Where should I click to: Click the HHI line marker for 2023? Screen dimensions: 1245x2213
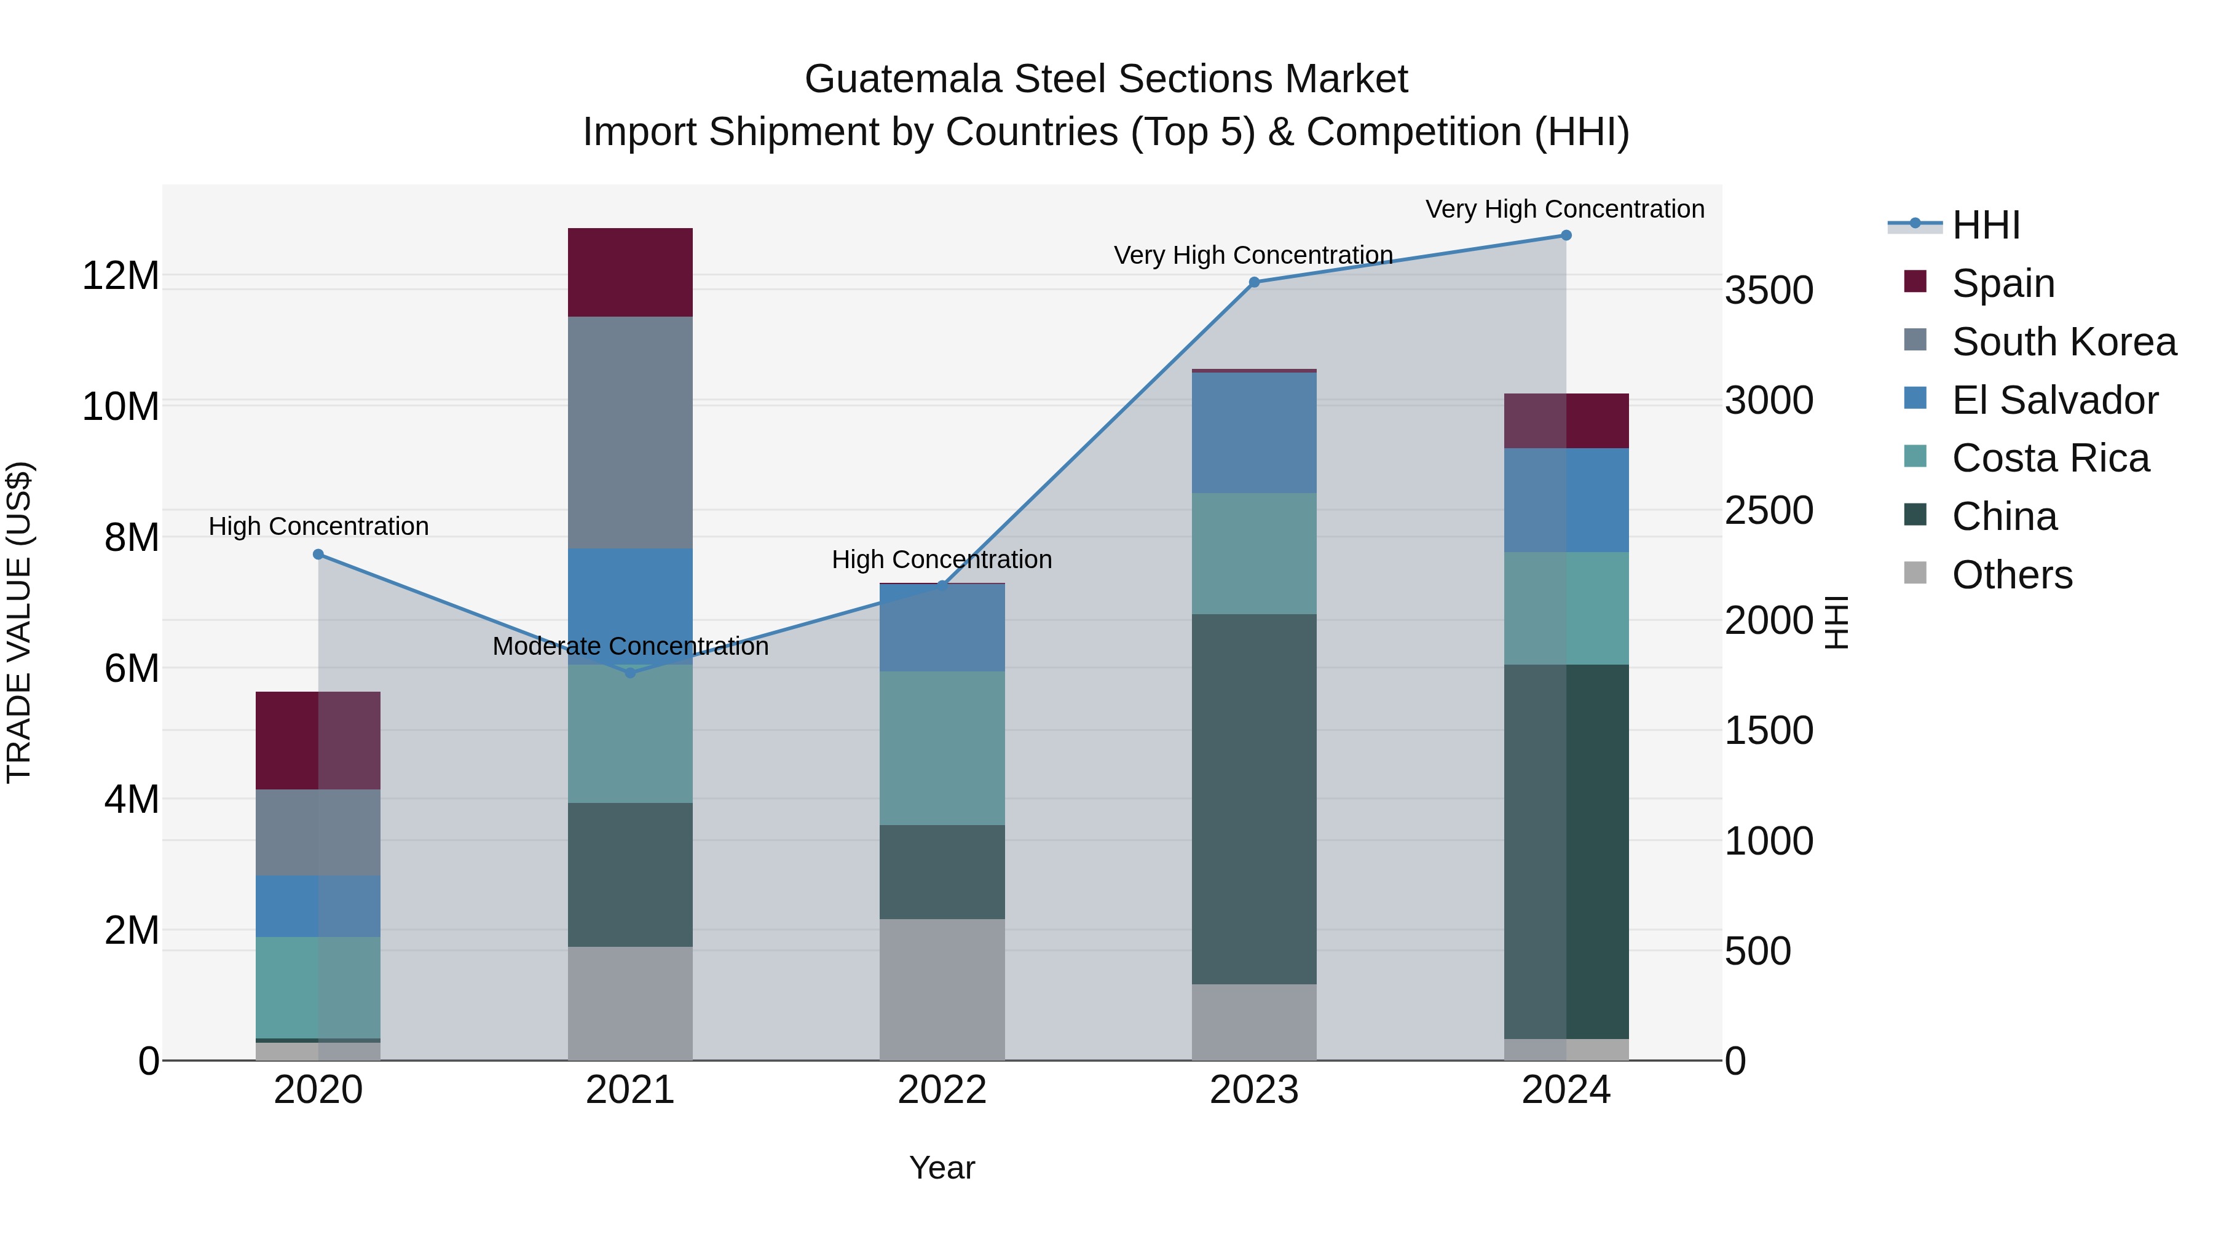[x=1253, y=282]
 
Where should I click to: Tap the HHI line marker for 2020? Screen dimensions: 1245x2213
[x=318, y=554]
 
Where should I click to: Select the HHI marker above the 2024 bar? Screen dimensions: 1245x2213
[x=1565, y=235]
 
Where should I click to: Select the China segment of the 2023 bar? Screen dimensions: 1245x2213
[x=1253, y=799]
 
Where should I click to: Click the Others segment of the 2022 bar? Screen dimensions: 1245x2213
[x=942, y=989]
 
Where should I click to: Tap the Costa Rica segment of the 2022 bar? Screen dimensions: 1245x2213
[x=942, y=748]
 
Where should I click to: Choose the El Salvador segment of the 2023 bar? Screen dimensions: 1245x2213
[x=1253, y=432]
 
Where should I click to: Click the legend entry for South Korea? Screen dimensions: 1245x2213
[x=2064, y=342]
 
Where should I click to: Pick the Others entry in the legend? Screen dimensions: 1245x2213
[x=2011, y=575]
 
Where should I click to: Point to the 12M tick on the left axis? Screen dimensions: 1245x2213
[x=120, y=277]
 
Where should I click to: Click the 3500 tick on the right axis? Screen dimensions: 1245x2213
[x=1769, y=290]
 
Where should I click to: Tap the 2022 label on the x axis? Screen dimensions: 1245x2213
[x=942, y=1090]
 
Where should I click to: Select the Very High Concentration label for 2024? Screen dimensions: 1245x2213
[x=1564, y=209]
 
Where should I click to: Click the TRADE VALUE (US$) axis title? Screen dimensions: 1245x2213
[x=19, y=622]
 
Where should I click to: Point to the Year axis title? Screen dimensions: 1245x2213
[x=942, y=1168]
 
